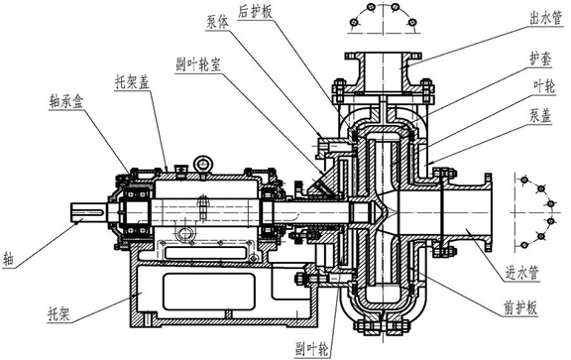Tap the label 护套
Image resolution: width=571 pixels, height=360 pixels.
[540, 60]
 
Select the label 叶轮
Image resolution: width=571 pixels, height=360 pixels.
[544, 87]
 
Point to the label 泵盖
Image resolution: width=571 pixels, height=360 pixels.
[541, 116]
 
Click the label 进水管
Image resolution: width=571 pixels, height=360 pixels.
[521, 273]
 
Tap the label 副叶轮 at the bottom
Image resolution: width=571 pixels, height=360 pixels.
[311, 349]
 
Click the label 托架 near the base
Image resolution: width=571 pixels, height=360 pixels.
[58, 313]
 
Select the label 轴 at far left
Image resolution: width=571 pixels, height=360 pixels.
[8, 260]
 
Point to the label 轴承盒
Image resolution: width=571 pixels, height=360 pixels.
[65, 101]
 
